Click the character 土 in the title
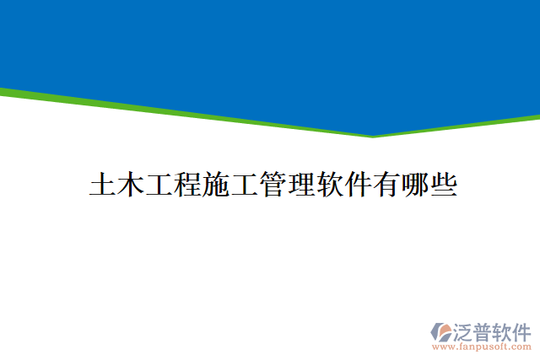(x=103, y=185)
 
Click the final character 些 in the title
(x=444, y=185)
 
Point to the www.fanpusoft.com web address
(x=482, y=347)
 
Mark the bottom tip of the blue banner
(x=373, y=136)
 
